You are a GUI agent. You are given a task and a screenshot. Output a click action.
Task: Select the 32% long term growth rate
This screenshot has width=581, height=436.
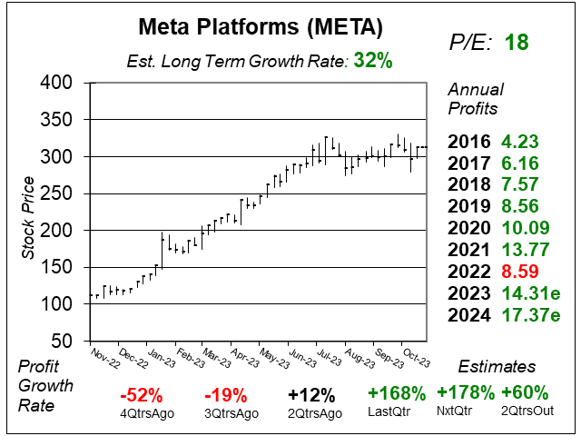(x=373, y=61)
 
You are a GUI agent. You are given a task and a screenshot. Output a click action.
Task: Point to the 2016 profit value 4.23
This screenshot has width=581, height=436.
(x=521, y=142)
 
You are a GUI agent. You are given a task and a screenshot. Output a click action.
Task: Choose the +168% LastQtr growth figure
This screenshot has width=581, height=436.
(x=396, y=394)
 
